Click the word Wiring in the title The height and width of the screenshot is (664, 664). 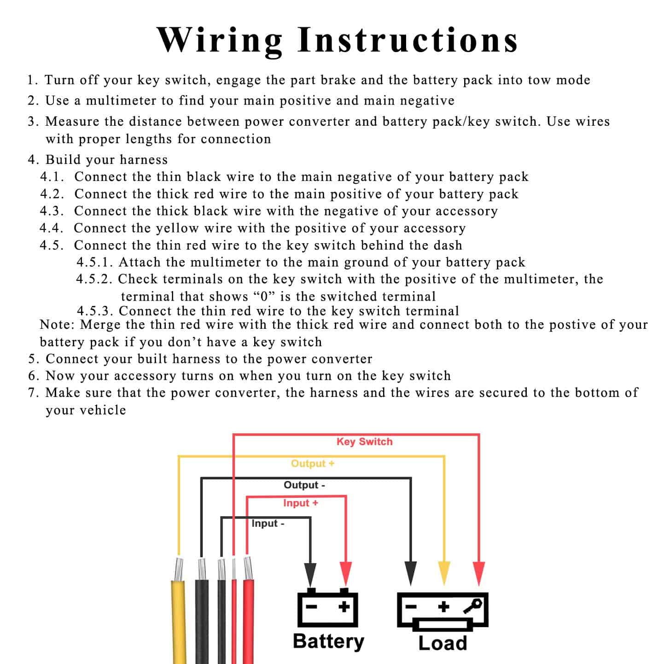[220, 41]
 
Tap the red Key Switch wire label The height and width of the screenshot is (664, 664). [364, 442]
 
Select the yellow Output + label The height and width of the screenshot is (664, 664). [312, 464]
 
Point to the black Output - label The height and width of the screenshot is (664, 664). [304, 485]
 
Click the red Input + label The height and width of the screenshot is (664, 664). [300, 503]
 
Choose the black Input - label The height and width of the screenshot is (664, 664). [268, 524]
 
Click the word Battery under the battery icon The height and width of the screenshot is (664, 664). [328, 641]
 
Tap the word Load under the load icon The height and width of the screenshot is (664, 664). [443, 643]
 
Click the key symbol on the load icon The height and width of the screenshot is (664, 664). [473, 606]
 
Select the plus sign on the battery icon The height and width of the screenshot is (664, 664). [344, 607]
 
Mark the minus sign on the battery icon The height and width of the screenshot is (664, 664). [312, 607]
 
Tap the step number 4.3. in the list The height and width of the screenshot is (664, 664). [52, 211]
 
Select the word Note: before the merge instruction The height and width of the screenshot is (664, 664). [57, 325]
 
